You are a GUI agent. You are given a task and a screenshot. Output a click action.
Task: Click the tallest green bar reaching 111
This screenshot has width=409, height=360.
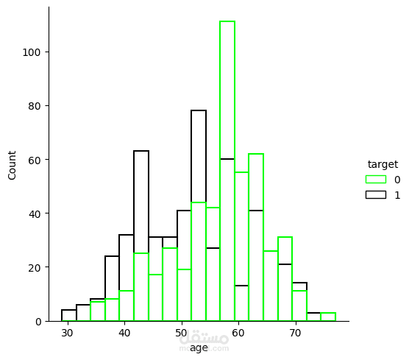click(227, 169)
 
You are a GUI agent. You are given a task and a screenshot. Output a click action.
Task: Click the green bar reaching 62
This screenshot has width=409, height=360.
click(256, 236)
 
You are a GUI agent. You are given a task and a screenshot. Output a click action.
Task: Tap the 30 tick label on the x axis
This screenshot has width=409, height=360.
click(68, 333)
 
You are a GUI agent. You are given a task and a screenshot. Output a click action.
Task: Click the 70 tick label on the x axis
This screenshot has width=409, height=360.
click(295, 333)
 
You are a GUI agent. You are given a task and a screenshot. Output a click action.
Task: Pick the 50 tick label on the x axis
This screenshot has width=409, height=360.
click(181, 333)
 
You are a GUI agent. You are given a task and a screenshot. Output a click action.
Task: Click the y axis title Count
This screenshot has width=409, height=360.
click(13, 166)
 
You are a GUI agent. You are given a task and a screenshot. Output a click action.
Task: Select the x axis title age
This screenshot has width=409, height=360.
click(199, 347)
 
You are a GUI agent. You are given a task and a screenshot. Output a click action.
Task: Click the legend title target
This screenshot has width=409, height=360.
click(383, 164)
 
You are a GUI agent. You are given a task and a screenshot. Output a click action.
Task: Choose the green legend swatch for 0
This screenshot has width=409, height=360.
click(375, 179)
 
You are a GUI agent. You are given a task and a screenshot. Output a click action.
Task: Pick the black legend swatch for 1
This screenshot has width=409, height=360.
click(375, 195)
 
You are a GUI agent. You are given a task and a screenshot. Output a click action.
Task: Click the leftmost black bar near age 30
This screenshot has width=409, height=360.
click(69, 316)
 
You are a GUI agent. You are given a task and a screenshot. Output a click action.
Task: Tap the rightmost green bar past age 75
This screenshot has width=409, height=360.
click(328, 317)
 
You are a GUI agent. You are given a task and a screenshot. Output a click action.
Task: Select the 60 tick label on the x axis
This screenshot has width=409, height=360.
click(238, 333)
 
